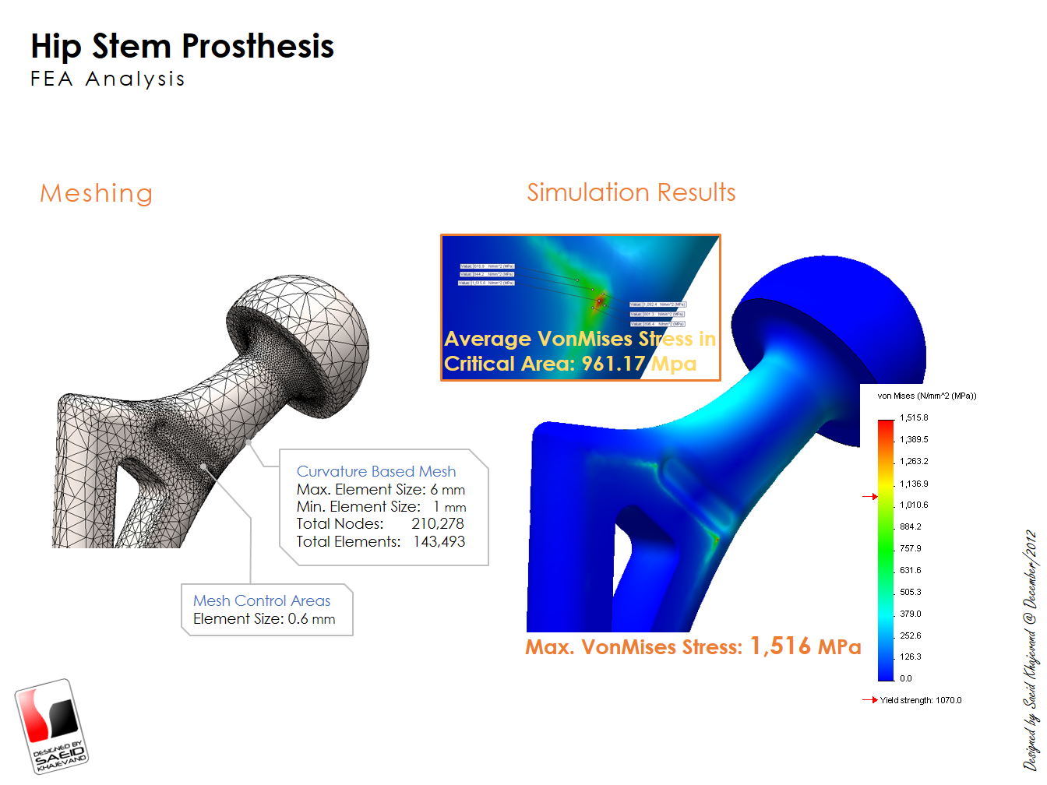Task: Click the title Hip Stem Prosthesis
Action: (x=182, y=47)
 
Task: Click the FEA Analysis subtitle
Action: (x=108, y=79)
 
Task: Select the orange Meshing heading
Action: (x=96, y=193)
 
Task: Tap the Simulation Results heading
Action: (x=631, y=192)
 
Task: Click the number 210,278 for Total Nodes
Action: (x=438, y=524)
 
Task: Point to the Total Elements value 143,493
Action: (x=439, y=542)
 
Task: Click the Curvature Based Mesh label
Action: (x=376, y=471)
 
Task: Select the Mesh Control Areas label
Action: (x=262, y=600)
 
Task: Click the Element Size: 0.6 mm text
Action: (x=264, y=619)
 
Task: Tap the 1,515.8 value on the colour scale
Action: (x=914, y=418)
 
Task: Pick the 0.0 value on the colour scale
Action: (x=906, y=678)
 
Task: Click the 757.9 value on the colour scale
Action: (x=910, y=548)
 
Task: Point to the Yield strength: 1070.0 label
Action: (x=920, y=700)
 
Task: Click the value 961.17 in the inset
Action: (x=613, y=364)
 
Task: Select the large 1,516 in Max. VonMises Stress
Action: (x=780, y=646)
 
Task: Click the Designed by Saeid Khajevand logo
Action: (x=51, y=727)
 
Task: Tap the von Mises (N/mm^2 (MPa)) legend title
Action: (x=926, y=396)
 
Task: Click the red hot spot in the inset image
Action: (x=600, y=300)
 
